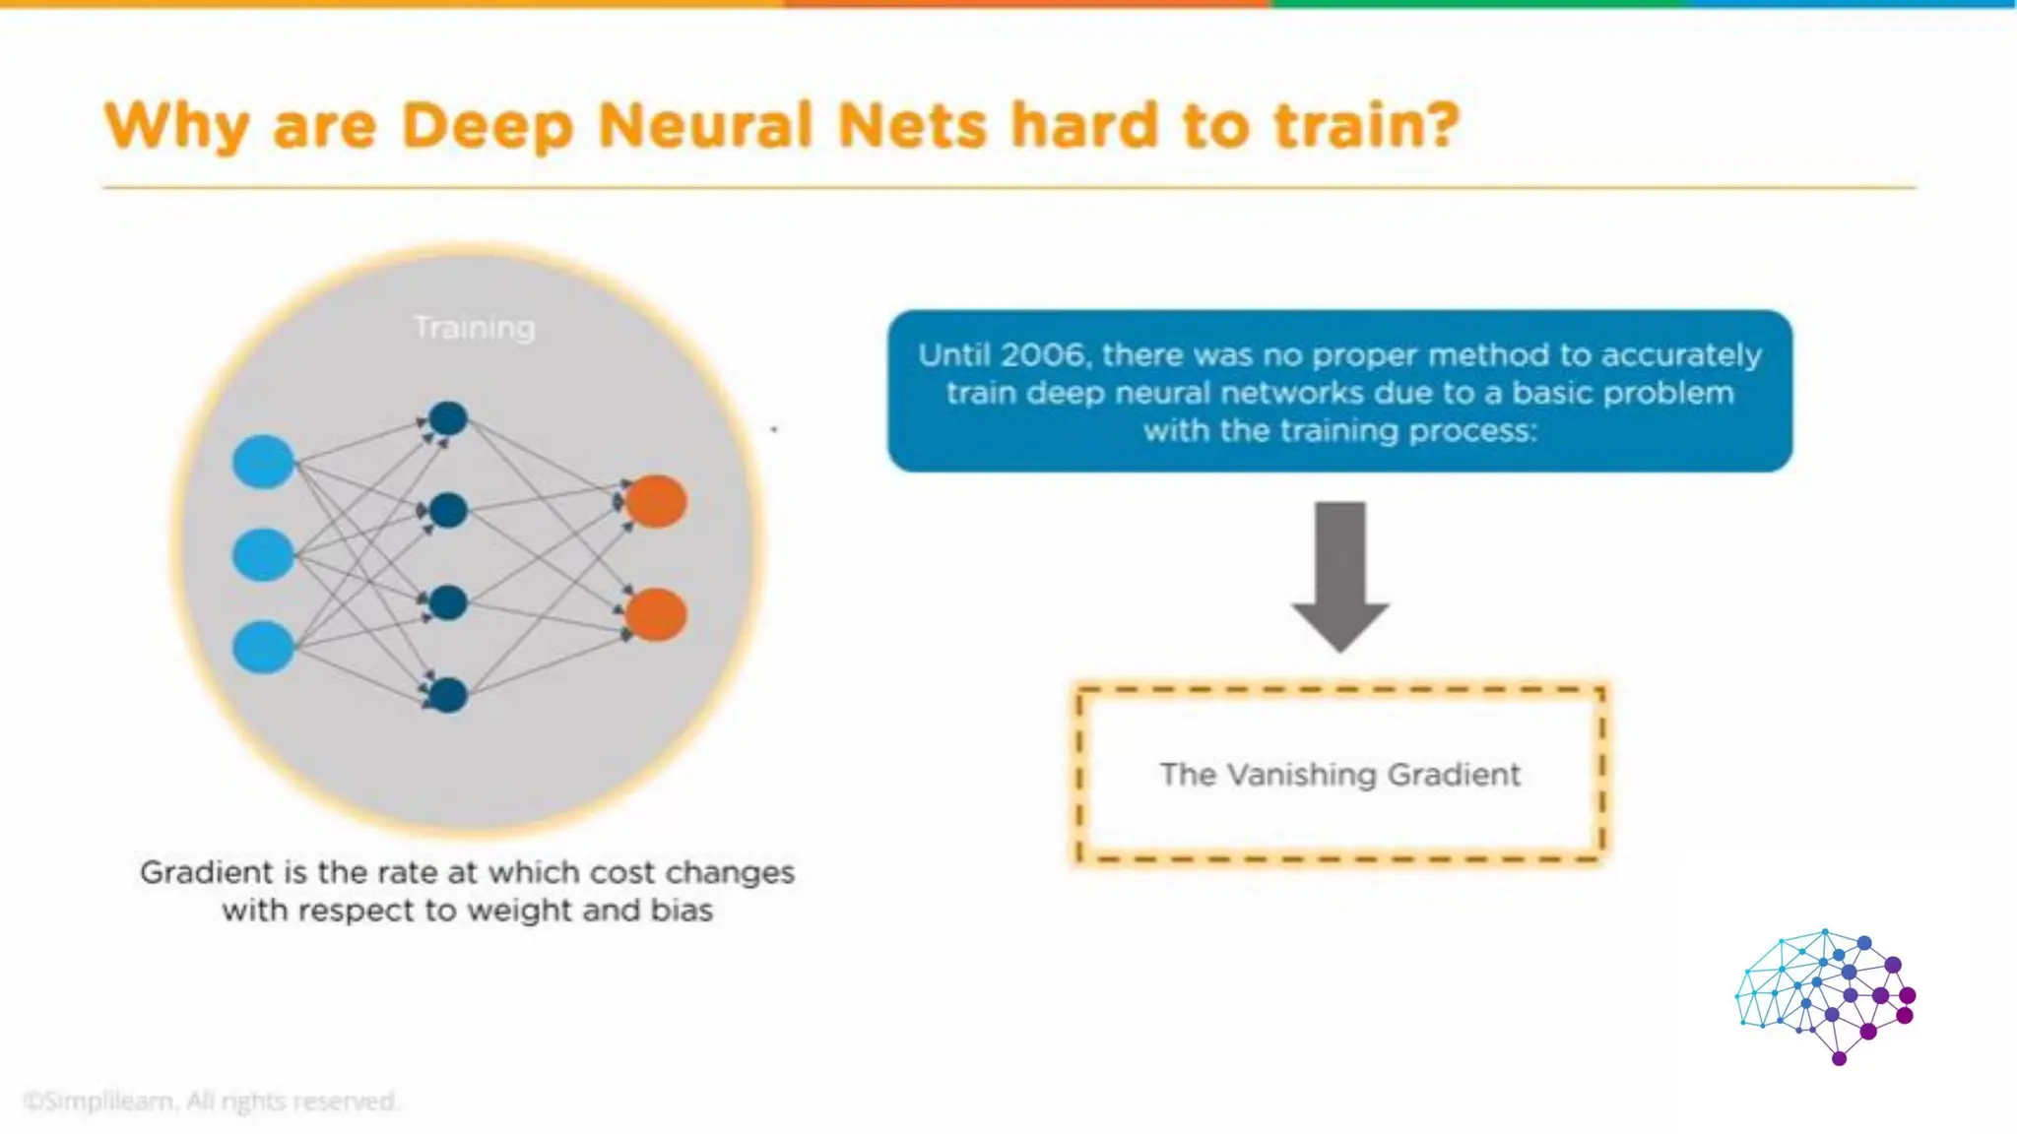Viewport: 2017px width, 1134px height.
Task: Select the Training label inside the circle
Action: (x=474, y=328)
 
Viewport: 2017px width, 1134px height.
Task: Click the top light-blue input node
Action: (x=263, y=462)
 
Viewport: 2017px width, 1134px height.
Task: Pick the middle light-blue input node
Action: (x=263, y=554)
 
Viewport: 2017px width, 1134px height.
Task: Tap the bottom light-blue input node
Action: (x=263, y=647)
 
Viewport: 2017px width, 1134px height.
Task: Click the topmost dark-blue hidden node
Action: (x=448, y=418)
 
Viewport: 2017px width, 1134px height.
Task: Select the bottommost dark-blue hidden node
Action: (x=448, y=695)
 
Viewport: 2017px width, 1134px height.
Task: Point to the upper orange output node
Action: (x=656, y=501)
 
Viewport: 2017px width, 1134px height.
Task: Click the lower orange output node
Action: (x=656, y=615)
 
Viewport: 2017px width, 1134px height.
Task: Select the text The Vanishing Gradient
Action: (x=1339, y=775)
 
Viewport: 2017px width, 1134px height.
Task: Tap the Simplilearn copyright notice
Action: (x=210, y=1101)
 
